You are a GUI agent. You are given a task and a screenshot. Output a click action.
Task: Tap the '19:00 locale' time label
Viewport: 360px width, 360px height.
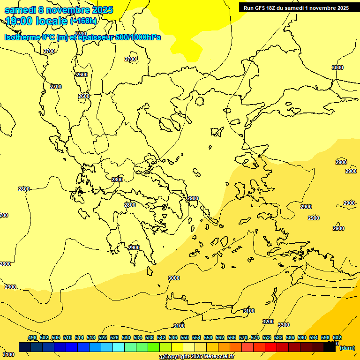[x=37, y=21]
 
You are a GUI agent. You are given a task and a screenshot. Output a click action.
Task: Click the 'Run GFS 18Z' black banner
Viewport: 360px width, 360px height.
[x=296, y=8]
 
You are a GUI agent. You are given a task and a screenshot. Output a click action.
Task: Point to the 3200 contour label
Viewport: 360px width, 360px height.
[x=268, y=322]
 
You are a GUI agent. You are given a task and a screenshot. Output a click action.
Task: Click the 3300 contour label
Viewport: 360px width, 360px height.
[x=284, y=325]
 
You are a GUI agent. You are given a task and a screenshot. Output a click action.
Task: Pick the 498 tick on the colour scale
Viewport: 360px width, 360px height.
[x=32, y=337]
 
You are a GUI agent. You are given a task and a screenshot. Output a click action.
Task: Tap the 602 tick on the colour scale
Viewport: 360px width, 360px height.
[x=337, y=337]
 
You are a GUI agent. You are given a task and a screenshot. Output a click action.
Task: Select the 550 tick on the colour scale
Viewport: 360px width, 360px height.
[x=185, y=337]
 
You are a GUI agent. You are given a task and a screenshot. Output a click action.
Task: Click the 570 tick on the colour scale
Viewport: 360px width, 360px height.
[x=243, y=337]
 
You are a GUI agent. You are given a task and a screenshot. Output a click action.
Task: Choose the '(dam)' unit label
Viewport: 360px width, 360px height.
[x=347, y=348]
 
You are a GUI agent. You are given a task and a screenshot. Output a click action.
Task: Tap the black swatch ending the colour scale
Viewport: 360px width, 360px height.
[x=330, y=347]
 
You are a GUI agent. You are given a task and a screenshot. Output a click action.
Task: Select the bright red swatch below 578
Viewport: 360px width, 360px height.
[x=271, y=347]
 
